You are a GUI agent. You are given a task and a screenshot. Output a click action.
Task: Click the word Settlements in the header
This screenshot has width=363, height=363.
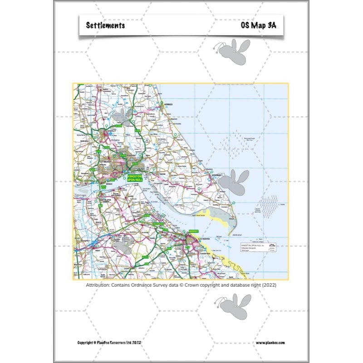point(105,25)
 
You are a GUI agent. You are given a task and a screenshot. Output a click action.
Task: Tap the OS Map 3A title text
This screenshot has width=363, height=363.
point(258,25)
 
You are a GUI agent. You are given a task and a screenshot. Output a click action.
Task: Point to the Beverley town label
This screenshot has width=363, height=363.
point(109,130)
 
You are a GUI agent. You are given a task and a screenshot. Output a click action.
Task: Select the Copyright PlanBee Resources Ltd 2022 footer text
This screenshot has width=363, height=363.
point(109,343)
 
